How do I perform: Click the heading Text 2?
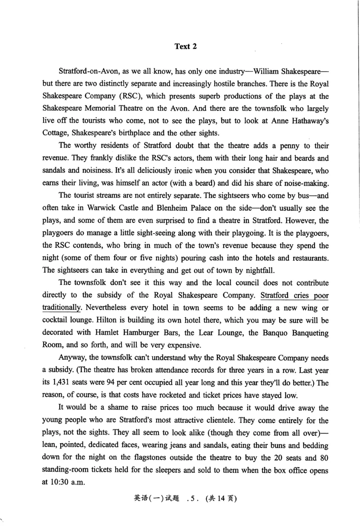pyautogui.click(x=186, y=46)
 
